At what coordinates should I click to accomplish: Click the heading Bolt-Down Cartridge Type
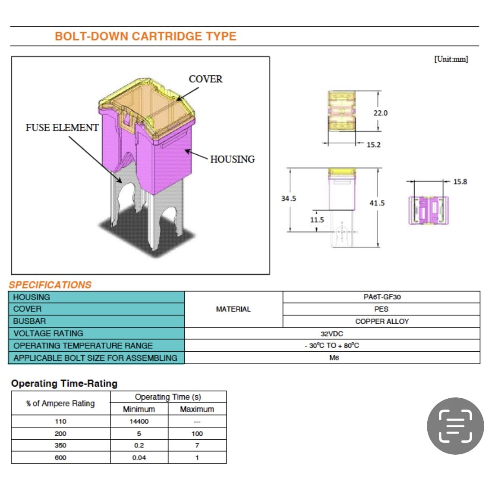pos(145,36)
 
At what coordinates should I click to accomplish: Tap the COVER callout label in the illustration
pos(205,79)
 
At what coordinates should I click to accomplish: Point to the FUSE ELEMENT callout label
pos(62,128)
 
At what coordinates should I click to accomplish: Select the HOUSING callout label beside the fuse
pos(232,159)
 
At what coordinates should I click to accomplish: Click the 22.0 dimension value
pos(380,113)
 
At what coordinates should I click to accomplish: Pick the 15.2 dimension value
pos(373,145)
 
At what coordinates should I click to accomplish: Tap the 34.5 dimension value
pos(288,199)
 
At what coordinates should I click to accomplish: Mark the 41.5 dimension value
pos(377,203)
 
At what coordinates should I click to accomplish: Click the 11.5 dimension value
pos(317,220)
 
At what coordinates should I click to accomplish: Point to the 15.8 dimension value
pos(460,182)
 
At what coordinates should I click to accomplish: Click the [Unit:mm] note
pos(451,59)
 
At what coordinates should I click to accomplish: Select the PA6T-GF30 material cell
pos(382,297)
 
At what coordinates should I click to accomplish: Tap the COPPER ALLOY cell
pos(382,322)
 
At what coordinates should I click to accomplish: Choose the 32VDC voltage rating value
pos(332,334)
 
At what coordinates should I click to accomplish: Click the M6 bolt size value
pos(334,358)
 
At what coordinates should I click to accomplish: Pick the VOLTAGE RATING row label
pos(48,334)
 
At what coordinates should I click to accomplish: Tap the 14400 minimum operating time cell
pos(139,422)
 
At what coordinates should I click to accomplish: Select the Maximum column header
pos(197,409)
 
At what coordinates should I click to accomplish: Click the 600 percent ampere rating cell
pos(60,458)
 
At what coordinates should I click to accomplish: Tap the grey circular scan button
pos(455,426)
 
